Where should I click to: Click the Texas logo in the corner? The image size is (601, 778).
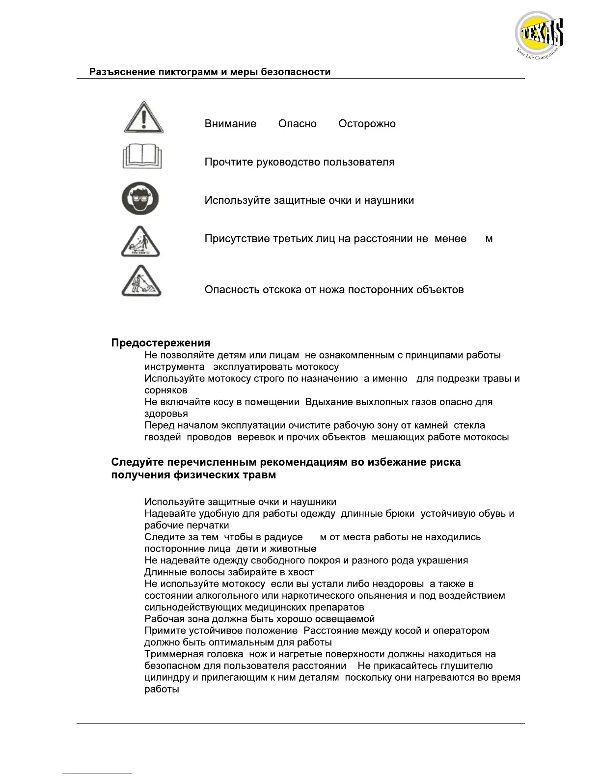[539, 35]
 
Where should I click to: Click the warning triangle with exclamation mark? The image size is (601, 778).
[143, 118]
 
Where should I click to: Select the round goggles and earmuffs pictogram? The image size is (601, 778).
[140, 198]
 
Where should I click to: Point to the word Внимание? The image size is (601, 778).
[230, 124]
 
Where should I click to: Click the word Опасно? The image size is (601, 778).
[297, 124]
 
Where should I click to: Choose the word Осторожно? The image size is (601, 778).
[367, 124]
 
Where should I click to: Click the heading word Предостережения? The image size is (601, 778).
[161, 343]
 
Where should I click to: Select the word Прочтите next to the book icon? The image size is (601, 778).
[229, 162]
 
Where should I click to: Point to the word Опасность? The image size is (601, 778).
[232, 290]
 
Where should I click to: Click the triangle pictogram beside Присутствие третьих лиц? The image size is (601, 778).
[141, 242]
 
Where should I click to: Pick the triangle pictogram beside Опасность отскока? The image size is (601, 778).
[141, 281]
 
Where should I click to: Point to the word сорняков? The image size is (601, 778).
[165, 390]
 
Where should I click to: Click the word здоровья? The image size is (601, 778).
[166, 414]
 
